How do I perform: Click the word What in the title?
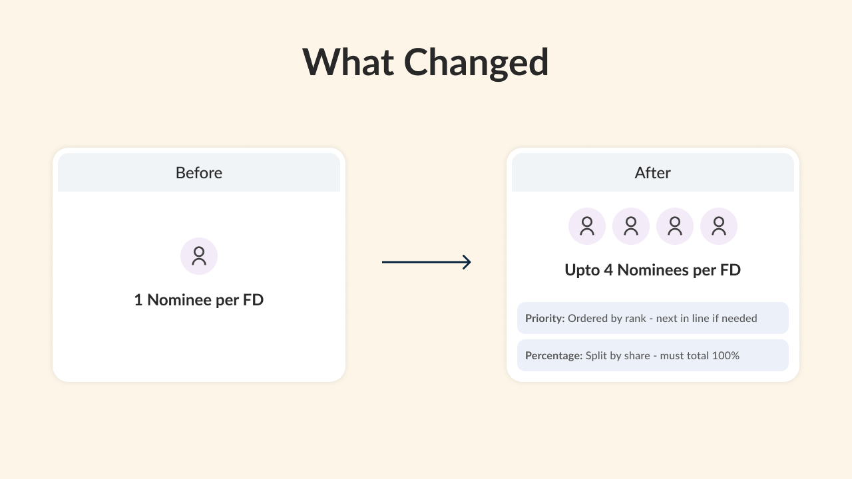pos(348,62)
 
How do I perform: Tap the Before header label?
pos(199,173)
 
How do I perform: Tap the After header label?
pos(653,173)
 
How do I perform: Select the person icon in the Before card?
pos(199,256)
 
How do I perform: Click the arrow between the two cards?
pos(427,262)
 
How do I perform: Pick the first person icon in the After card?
pos(587,226)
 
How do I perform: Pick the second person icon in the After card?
pos(631,226)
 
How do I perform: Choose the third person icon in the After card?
pos(675,226)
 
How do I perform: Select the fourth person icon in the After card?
pos(719,226)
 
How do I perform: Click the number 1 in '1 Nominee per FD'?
pos(138,300)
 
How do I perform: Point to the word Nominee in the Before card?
pos(180,300)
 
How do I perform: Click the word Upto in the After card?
pos(582,270)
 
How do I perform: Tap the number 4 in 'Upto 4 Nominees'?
pos(608,270)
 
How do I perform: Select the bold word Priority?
pos(544,318)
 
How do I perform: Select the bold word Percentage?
pos(554,355)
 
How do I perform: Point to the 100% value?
pos(726,355)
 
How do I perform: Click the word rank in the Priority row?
pos(635,318)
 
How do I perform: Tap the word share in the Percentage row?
pos(637,355)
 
